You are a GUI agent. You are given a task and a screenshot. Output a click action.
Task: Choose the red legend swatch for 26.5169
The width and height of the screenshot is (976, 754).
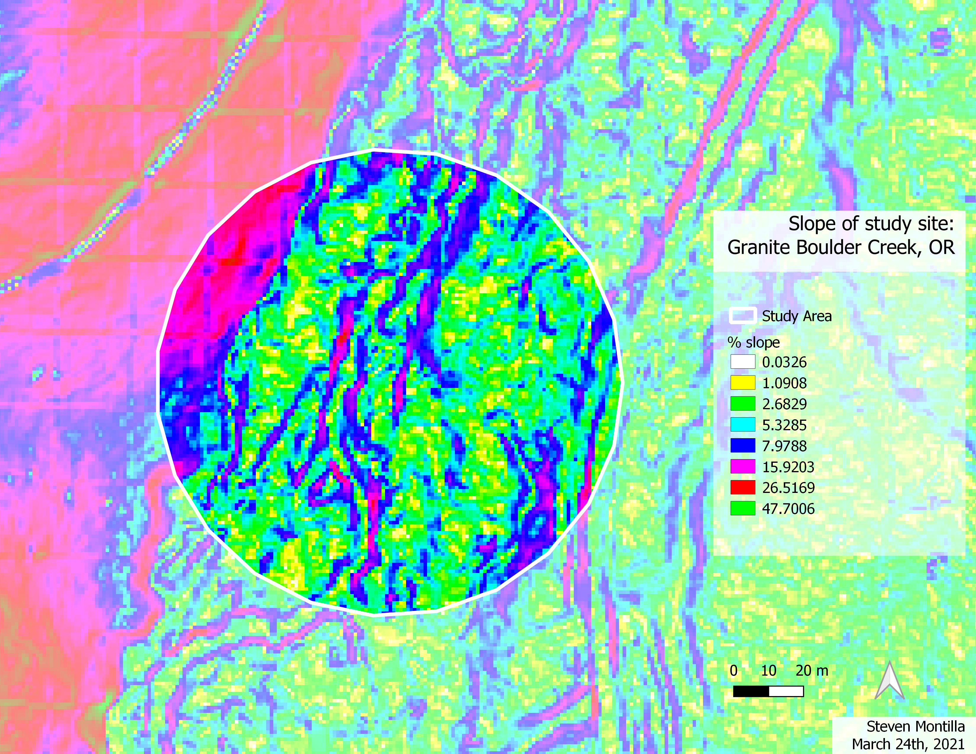[x=743, y=487]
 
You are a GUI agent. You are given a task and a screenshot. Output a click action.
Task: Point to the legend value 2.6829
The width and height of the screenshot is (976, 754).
[x=784, y=404]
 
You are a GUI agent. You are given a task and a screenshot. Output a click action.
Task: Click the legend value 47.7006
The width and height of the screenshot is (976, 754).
[x=788, y=508]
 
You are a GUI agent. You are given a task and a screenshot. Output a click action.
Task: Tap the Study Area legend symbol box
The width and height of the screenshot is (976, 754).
[x=743, y=315]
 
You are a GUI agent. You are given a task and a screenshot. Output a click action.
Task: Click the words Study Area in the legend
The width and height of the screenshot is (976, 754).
[x=797, y=316]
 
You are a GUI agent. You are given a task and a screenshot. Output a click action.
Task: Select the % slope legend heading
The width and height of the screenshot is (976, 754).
[x=754, y=342]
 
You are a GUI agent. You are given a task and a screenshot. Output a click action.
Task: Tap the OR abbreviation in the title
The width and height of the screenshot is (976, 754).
[x=942, y=247]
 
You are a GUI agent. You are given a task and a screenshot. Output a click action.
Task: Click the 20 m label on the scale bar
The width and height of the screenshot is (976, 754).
[x=812, y=671]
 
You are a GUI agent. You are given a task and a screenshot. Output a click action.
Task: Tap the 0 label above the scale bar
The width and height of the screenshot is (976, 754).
[x=733, y=671]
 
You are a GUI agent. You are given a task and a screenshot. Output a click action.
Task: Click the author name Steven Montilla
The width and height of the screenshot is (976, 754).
[x=915, y=726]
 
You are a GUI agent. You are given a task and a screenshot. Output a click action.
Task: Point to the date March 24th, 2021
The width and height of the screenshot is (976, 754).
[x=908, y=744]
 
